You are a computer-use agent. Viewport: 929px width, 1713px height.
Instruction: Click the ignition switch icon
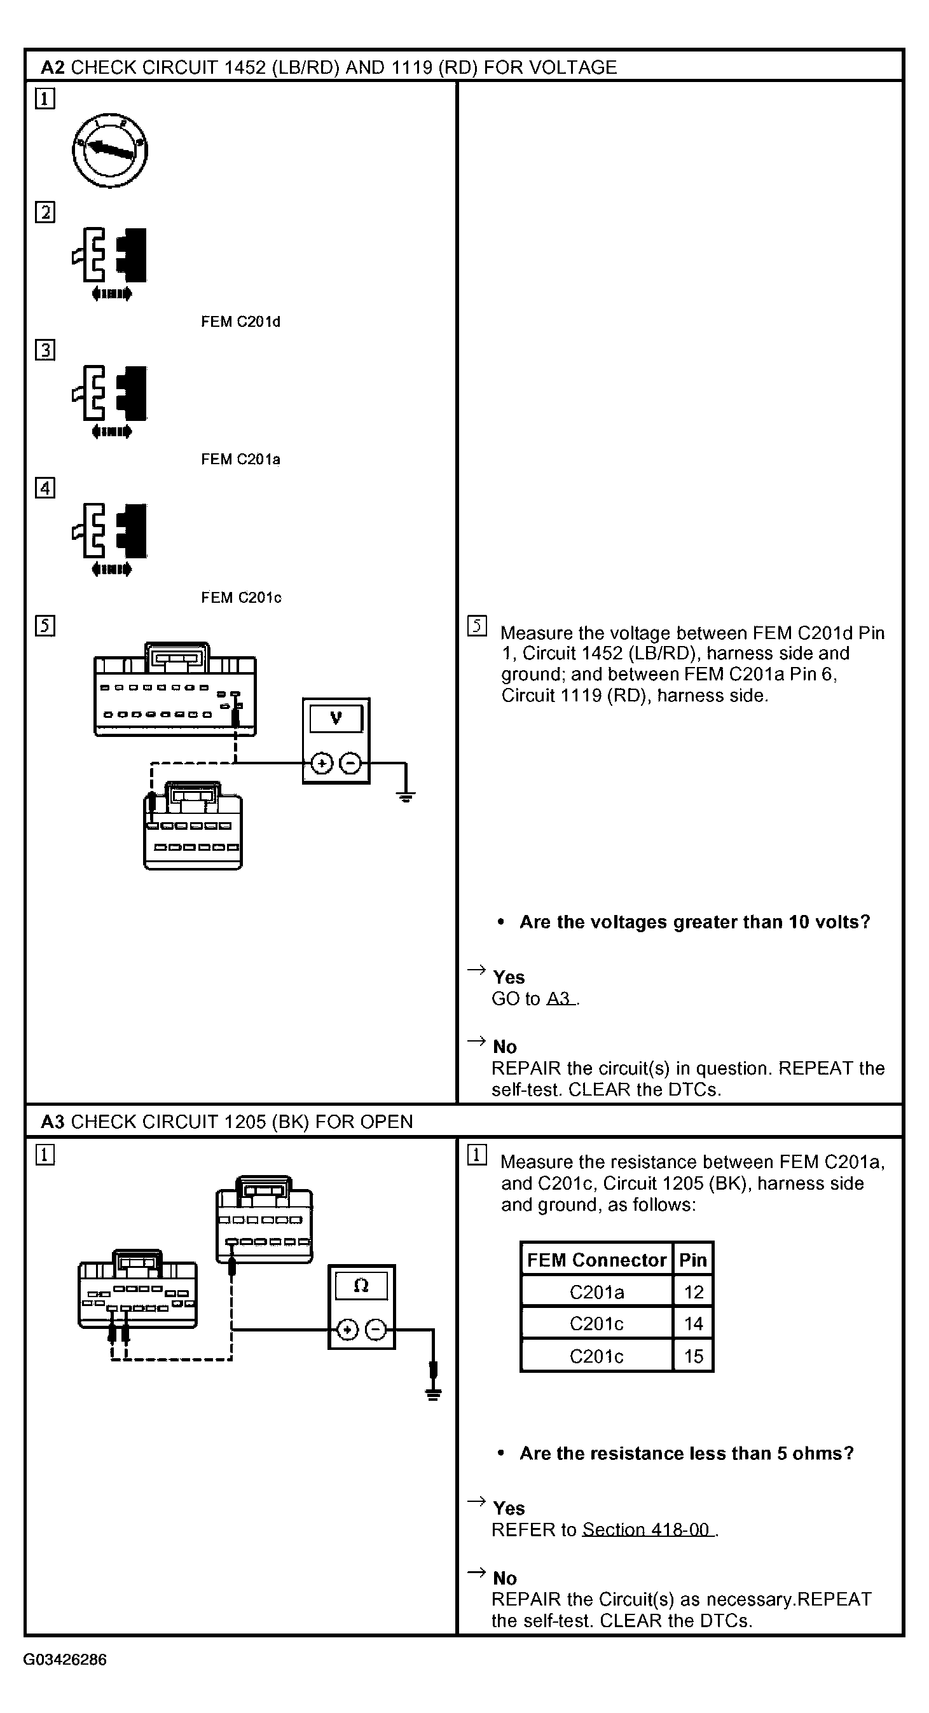tap(110, 151)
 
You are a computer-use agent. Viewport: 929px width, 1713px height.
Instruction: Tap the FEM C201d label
tap(241, 322)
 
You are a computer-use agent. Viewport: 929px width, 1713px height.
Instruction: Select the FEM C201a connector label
tap(241, 460)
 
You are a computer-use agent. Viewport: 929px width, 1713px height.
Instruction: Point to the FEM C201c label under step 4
tap(242, 598)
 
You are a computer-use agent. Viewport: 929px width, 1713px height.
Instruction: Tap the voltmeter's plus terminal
tap(322, 763)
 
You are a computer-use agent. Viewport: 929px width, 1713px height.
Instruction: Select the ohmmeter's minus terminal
tap(376, 1330)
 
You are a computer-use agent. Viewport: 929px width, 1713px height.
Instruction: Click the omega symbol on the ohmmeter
tap(361, 1286)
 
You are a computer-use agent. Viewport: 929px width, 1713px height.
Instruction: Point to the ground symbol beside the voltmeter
tap(406, 795)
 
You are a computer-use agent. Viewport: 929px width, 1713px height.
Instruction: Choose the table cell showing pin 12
tap(693, 1291)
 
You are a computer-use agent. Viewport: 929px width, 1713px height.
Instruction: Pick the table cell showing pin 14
tap(693, 1323)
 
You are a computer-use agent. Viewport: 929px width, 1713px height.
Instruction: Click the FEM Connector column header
tap(596, 1260)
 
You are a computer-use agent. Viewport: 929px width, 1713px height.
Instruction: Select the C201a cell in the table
tap(596, 1291)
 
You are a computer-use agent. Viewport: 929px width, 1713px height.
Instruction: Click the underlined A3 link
tap(560, 998)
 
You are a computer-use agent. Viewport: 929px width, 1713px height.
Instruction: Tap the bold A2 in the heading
tap(53, 67)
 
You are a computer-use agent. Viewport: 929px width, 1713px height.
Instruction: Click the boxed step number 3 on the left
tap(45, 350)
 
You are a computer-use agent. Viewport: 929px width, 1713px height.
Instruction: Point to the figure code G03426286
tap(64, 1660)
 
